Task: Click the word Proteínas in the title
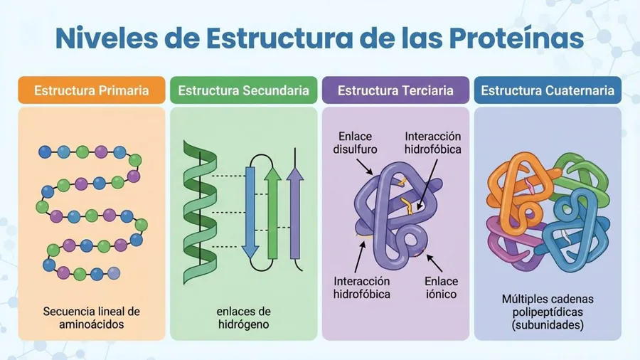tap(516, 38)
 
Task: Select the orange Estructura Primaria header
tap(92, 90)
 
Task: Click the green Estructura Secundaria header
tap(244, 90)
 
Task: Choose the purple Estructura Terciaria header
tap(395, 90)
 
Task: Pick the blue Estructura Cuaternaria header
tap(548, 90)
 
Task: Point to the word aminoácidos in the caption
tap(92, 324)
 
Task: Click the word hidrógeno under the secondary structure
tap(244, 325)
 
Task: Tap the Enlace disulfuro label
tap(355, 143)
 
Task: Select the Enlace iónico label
tap(441, 287)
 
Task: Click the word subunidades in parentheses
tap(548, 325)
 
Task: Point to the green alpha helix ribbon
tap(200, 212)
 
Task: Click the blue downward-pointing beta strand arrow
tap(250, 212)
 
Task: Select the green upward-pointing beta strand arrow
tap(272, 213)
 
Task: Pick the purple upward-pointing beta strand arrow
tap(295, 213)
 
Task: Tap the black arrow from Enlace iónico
tap(434, 263)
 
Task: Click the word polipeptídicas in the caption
tap(548, 312)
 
